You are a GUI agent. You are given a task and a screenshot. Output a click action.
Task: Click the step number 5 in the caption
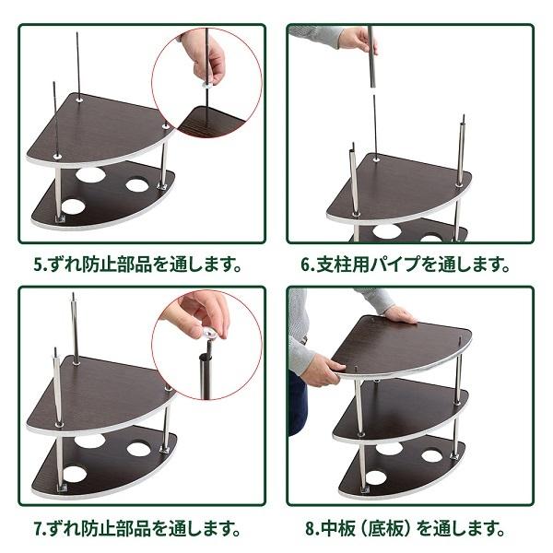(x=39, y=265)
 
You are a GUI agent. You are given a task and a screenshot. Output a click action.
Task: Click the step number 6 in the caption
(x=306, y=265)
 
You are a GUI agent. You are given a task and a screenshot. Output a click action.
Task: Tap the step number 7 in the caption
(x=39, y=530)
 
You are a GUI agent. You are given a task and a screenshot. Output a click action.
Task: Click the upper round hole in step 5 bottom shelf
(x=90, y=174)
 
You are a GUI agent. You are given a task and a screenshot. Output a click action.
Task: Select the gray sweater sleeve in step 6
(x=318, y=35)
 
